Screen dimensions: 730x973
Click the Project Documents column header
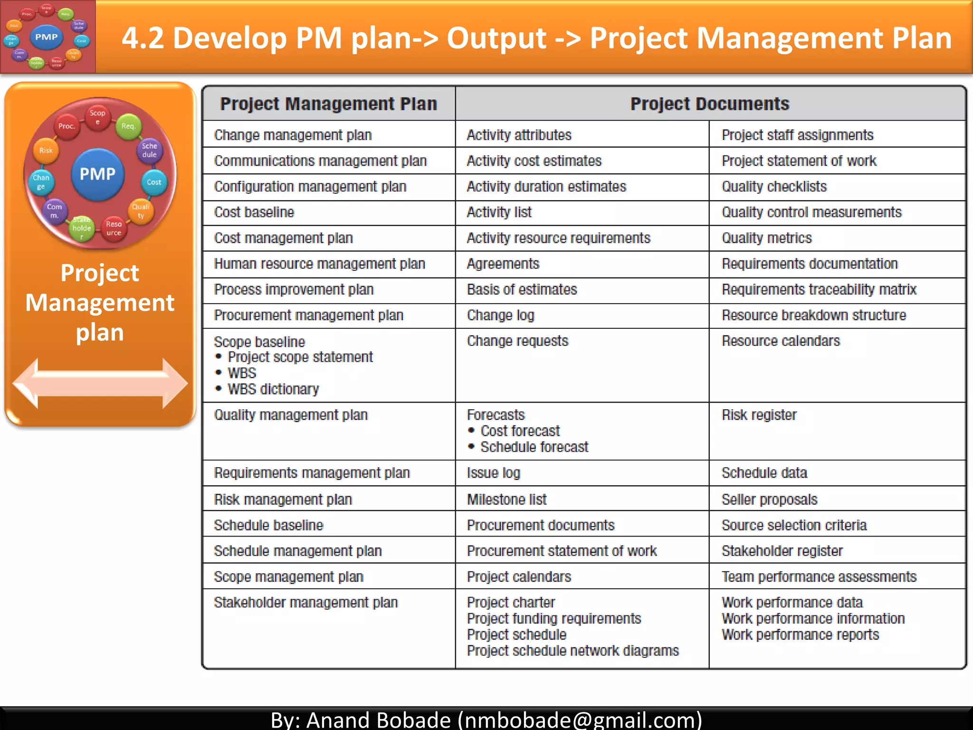point(710,104)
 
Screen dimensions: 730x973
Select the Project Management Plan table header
point(328,104)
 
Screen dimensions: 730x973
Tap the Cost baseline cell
point(254,212)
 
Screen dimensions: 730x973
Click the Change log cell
point(500,316)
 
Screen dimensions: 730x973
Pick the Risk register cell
point(759,415)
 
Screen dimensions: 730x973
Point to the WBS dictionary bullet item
point(273,389)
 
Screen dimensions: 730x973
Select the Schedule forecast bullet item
point(534,447)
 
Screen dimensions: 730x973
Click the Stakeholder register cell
point(782,551)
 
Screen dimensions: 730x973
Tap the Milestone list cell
point(506,499)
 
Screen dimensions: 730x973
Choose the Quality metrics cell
point(766,238)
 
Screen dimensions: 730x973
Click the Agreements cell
point(503,264)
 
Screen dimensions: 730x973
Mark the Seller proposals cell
point(769,499)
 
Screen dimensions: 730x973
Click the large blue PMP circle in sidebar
point(97,174)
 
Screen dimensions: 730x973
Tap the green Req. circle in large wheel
point(128,126)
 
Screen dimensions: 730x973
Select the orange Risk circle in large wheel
point(46,151)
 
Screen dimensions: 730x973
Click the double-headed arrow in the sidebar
point(100,383)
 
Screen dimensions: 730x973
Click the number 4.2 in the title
point(143,38)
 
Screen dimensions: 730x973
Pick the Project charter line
point(511,603)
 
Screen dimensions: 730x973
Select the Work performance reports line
point(800,635)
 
